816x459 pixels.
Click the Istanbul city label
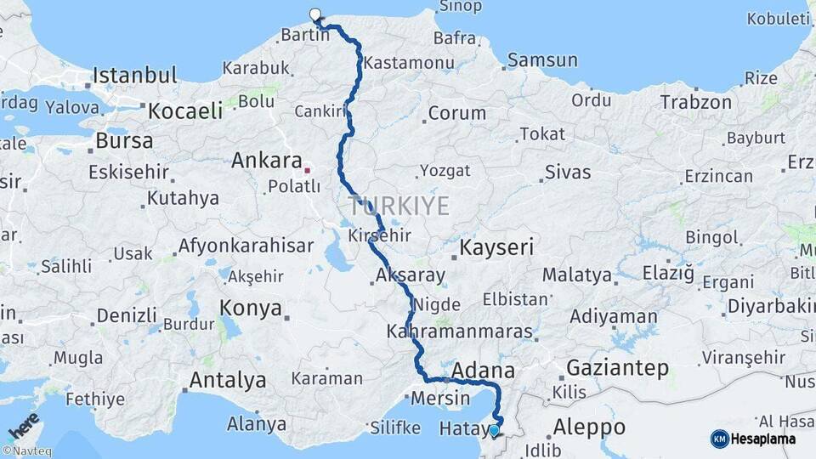[135, 75]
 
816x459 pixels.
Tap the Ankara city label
[267, 160]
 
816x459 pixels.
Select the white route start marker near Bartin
[315, 14]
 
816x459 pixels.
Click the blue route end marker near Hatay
[495, 430]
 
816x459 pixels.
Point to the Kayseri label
[497, 248]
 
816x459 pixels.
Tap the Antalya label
[228, 380]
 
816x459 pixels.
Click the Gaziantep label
[617, 368]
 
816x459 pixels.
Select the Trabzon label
[695, 102]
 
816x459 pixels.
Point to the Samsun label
[542, 60]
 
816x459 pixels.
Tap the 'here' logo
[23, 425]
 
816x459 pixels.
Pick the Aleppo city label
[589, 427]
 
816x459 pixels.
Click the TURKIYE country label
[398, 205]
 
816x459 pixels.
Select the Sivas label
[567, 173]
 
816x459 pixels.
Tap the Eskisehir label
[129, 172]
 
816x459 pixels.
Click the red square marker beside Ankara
[309, 169]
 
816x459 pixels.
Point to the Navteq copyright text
[26, 451]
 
